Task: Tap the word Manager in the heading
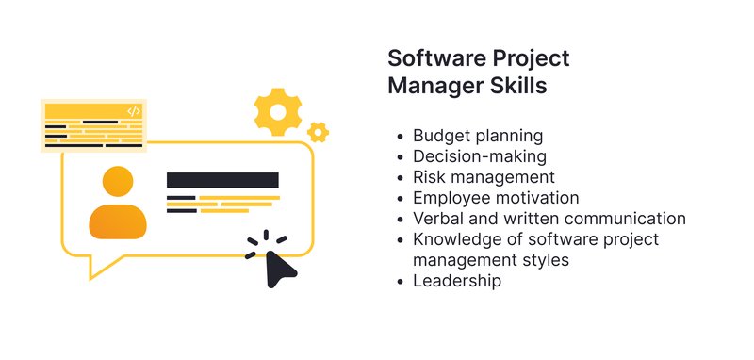click(x=434, y=86)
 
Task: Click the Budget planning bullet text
click(x=478, y=136)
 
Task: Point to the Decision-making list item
click(x=480, y=156)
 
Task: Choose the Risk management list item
click(x=484, y=177)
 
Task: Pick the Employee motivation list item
click(x=496, y=198)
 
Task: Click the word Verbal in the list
click(x=439, y=219)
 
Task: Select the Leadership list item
click(x=457, y=281)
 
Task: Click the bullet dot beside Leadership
click(x=402, y=281)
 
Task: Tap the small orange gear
click(x=319, y=133)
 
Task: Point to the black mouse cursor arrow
click(x=280, y=269)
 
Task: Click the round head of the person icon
click(x=118, y=182)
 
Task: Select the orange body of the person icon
click(x=118, y=221)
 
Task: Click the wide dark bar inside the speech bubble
click(x=222, y=180)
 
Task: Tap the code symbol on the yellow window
click(x=133, y=111)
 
